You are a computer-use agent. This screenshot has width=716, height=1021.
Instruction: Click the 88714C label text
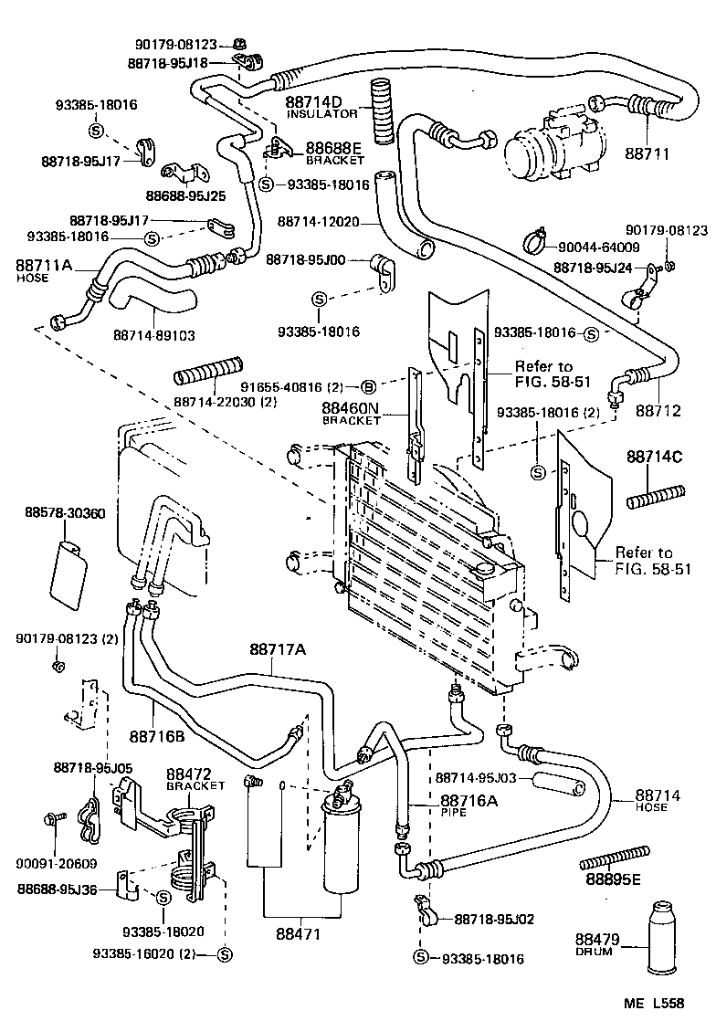tap(654, 457)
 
